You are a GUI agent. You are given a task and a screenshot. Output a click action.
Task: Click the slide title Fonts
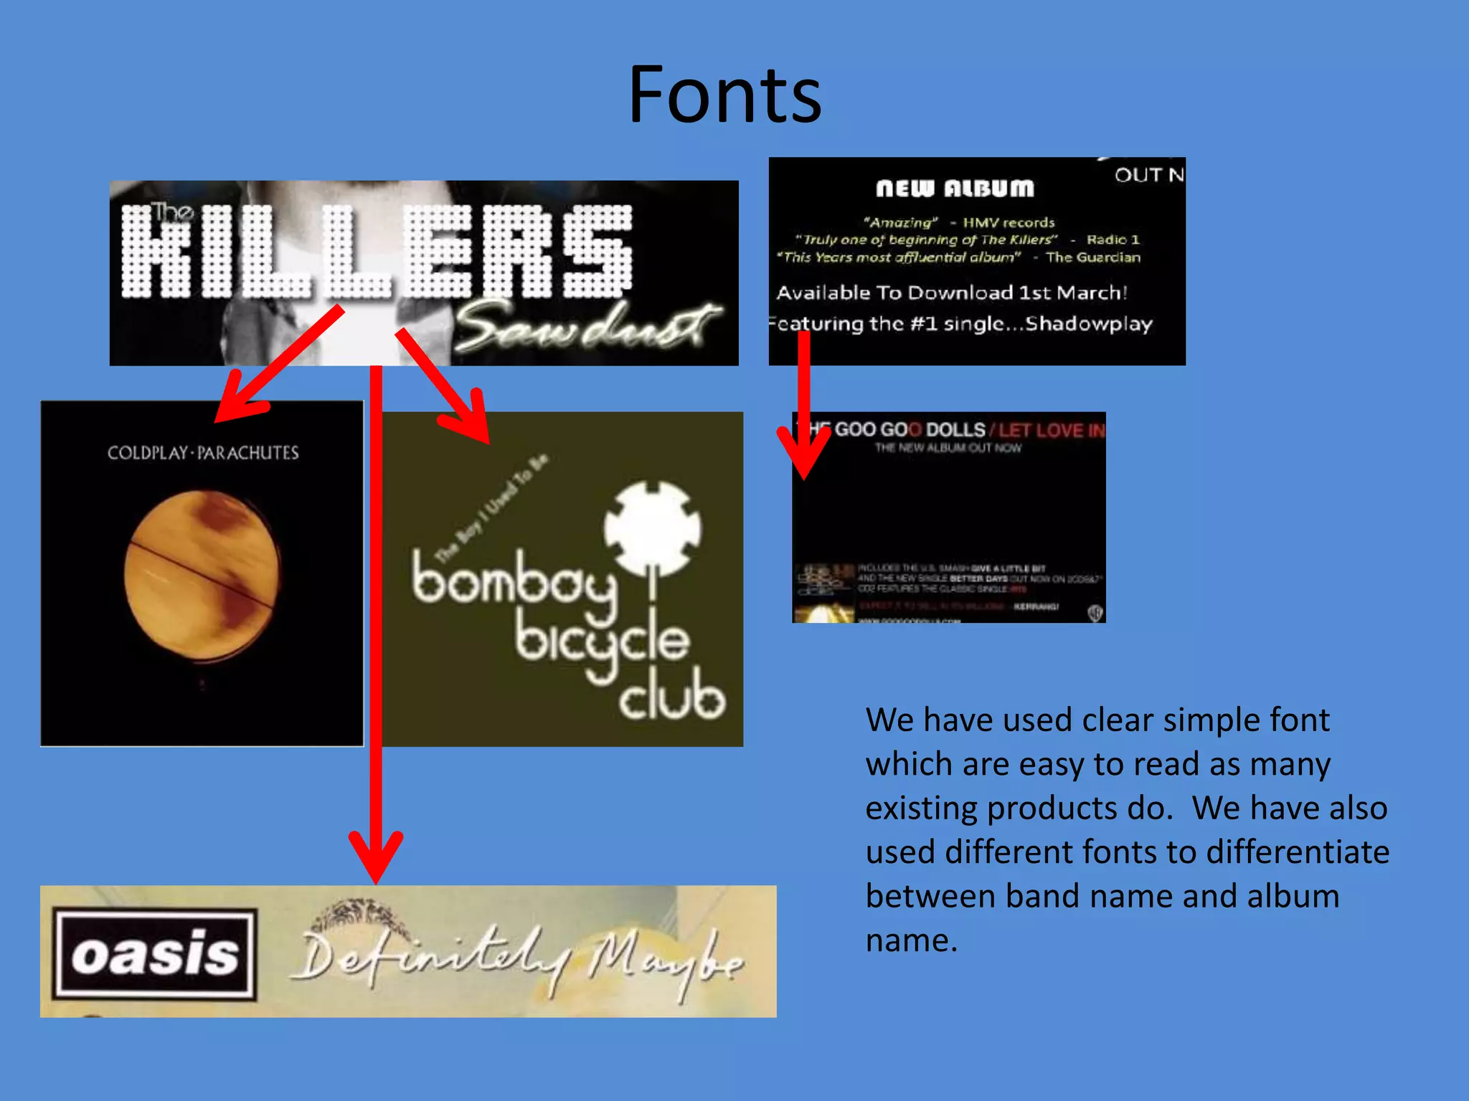[724, 95]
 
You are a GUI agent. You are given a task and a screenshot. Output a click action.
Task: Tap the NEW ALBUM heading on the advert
[955, 189]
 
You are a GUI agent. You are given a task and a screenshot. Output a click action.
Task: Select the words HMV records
[1009, 222]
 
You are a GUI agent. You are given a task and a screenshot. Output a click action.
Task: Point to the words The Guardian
[1092, 257]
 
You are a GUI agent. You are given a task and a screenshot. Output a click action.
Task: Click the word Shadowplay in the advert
[1088, 324]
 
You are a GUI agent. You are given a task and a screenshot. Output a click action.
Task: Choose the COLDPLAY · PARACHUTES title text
[203, 453]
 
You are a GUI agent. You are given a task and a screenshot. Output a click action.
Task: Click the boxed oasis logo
[154, 954]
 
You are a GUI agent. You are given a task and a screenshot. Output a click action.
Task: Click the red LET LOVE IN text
[1051, 430]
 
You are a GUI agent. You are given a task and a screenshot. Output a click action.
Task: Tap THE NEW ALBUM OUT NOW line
[948, 448]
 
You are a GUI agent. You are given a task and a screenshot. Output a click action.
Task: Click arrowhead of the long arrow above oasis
[376, 860]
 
